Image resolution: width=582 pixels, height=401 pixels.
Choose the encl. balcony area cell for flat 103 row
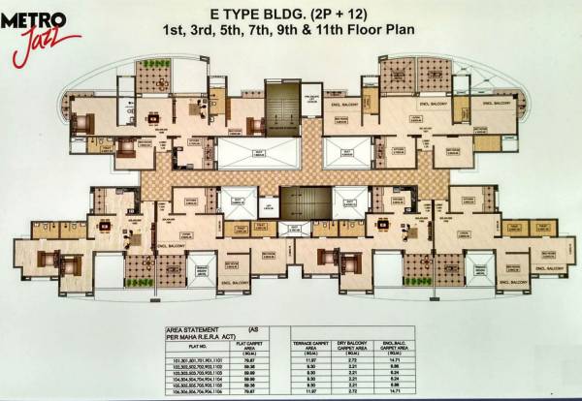422,371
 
